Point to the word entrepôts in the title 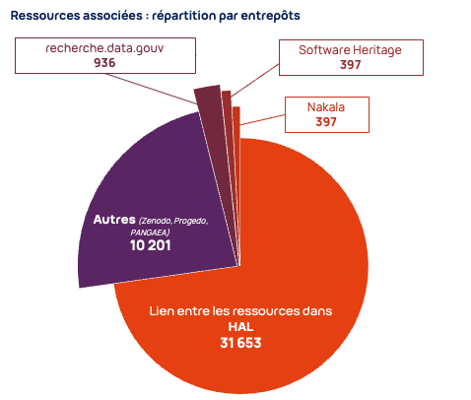click(269, 17)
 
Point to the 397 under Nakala click(326, 122)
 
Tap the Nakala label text click(326, 107)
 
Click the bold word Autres click(114, 219)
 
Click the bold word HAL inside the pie click(240, 326)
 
